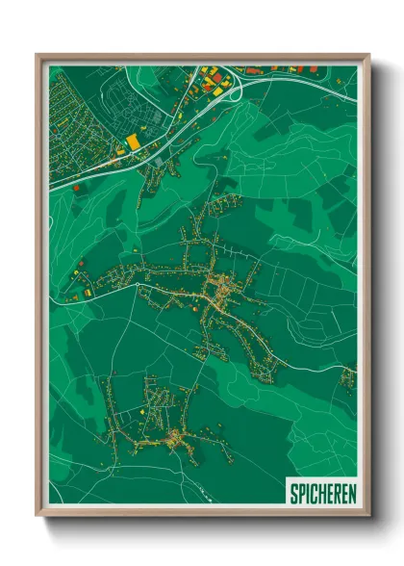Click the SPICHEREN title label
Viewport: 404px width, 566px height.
(321, 494)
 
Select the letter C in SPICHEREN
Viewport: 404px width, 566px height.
(314, 494)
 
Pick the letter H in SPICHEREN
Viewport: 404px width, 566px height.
(321, 494)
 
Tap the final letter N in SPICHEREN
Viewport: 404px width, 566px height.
(351, 494)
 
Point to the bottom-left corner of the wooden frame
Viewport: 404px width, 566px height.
(38, 517)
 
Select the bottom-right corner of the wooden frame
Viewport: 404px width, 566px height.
(368, 517)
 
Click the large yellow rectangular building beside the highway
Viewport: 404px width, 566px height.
(133, 142)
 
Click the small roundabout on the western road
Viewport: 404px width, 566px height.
(72, 299)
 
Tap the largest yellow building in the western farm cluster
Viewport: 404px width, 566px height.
(89, 290)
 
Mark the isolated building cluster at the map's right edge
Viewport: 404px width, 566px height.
(347, 375)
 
